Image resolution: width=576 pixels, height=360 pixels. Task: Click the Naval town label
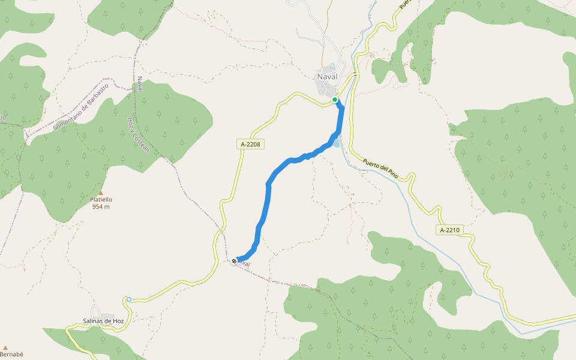[326, 76]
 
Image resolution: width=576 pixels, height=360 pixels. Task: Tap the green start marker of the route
[335, 100]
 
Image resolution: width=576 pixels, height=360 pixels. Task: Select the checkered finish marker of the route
[234, 260]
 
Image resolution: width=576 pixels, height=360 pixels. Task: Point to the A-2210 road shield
[449, 230]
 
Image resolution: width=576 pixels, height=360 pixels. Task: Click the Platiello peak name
[101, 200]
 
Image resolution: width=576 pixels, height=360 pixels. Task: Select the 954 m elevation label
[101, 207]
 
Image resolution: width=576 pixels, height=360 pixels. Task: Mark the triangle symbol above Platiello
[101, 193]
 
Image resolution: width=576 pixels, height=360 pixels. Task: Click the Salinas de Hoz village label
[103, 322]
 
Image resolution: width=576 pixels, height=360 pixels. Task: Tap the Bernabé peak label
[11, 355]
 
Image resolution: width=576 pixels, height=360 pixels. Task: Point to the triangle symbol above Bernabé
[5, 347]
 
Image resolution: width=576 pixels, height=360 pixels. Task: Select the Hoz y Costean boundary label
[137, 133]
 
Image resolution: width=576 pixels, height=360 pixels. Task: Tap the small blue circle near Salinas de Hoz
[128, 299]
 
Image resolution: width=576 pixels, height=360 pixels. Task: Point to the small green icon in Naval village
[332, 65]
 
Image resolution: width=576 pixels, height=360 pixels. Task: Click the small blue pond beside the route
[335, 143]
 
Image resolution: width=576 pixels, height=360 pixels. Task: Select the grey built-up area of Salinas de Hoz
[108, 316]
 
